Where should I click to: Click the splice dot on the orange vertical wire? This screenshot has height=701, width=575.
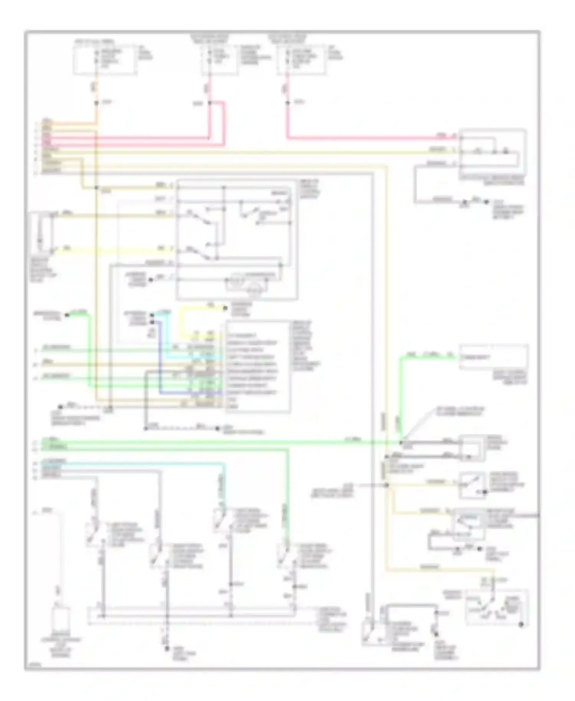[x=96, y=103]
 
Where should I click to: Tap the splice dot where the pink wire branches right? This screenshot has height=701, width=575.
[x=210, y=103]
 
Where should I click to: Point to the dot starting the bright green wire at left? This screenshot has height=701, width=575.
[x=66, y=315]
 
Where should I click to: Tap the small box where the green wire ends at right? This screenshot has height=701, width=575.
[x=493, y=357]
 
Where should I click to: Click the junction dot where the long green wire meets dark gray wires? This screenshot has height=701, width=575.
[x=401, y=443]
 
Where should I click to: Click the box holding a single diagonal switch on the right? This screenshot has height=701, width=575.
[x=473, y=484]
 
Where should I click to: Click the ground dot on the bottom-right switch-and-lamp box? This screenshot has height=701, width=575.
[x=521, y=625]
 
